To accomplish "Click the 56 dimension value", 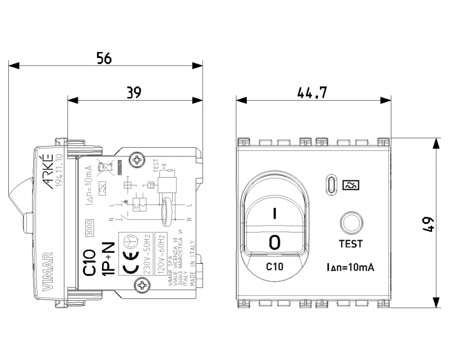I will pos(105,58).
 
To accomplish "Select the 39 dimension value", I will pos(134,92).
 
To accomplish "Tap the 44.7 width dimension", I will pos(312,93).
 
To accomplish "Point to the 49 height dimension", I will pos(429,224).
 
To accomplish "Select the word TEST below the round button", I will pos(351,244).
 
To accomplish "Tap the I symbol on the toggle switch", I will pos(275,214).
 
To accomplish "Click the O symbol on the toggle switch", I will pos(275,241).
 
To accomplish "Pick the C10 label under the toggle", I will pos(275,266).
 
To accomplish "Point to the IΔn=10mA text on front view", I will pos(350,267).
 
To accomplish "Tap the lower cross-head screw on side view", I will pos(142,287).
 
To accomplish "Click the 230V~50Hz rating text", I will pos(147,253).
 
